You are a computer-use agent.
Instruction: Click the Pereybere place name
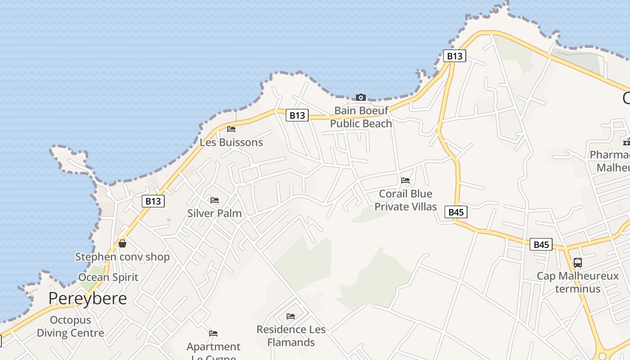pyautogui.click(x=87, y=298)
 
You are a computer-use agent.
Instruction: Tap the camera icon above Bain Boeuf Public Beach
pyautogui.click(x=360, y=97)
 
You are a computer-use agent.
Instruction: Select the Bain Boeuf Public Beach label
pyautogui.click(x=361, y=117)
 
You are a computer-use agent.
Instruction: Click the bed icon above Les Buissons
pyautogui.click(x=231, y=129)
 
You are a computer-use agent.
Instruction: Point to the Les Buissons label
pyautogui.click(x=231, y=142)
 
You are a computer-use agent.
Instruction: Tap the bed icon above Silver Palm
pyautogui.click(x=215, y=200)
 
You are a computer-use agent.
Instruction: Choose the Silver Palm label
pyautogui.click(x=215, y=213)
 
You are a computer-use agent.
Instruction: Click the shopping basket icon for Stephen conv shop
pyautogui.click(x=122, y=243)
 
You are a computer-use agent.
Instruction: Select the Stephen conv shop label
pyautogui.click(x=122, y=257)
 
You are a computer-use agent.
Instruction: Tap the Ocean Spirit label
pyautogui.click(x=108, y=277)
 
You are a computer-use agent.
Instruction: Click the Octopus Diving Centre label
pyautogui.click(x=70, y=327)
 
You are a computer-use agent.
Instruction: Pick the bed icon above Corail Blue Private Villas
pyautogui.click(x=405, y=180)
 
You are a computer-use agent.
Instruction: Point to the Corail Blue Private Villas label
pyautogui.click(x=405, y=200)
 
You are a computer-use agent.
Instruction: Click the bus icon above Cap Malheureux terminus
pyautogui.click(x=577, y=263)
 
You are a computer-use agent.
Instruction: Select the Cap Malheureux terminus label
pyautogui.click(x=578, y=282)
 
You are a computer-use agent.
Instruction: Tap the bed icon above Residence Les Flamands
pyautogui.click(x=291, y=316)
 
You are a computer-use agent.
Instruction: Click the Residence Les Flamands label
pyautogui.click(x=291, y=336)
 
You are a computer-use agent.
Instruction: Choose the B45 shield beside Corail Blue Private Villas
pyautogui.click(x=456, y=212)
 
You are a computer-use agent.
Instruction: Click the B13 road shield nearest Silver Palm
pyautogui.click(x=153, y=201)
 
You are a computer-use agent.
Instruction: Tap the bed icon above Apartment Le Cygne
pyautogui.click(x=213, y=333)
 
